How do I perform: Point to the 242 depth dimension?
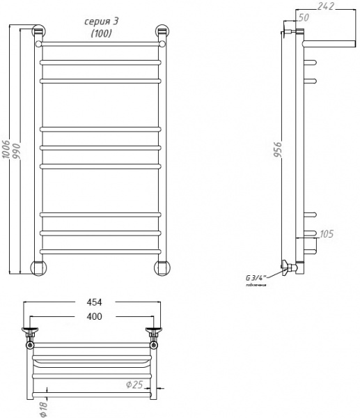[325, 7]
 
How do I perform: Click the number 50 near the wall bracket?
[304, 17]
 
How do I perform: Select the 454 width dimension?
[94, 302]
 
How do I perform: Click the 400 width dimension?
[94, 317]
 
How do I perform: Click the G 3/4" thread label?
[256, 277]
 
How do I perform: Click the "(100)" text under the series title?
[98, 34]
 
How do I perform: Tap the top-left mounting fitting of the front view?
[38, 33]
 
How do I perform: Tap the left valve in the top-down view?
[31, 332]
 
